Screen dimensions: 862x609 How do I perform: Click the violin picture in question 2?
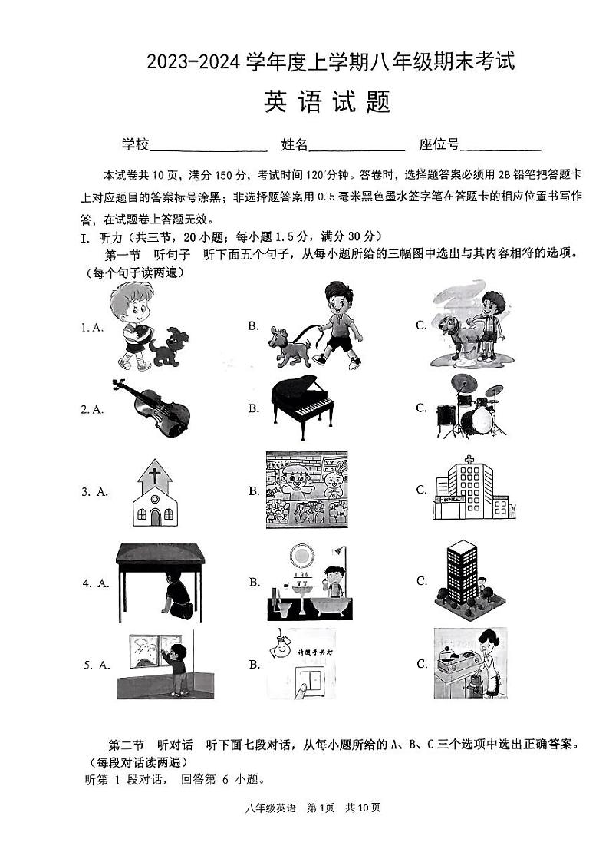pyautogui.click(x=150, y=408)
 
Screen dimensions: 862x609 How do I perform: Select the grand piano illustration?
pyautogui.click(x=304, y=408)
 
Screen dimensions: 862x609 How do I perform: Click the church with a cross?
pyautogui.click(x=155, y=494)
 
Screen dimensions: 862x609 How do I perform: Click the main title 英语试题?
pyautogui.click(x=327, y=102)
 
